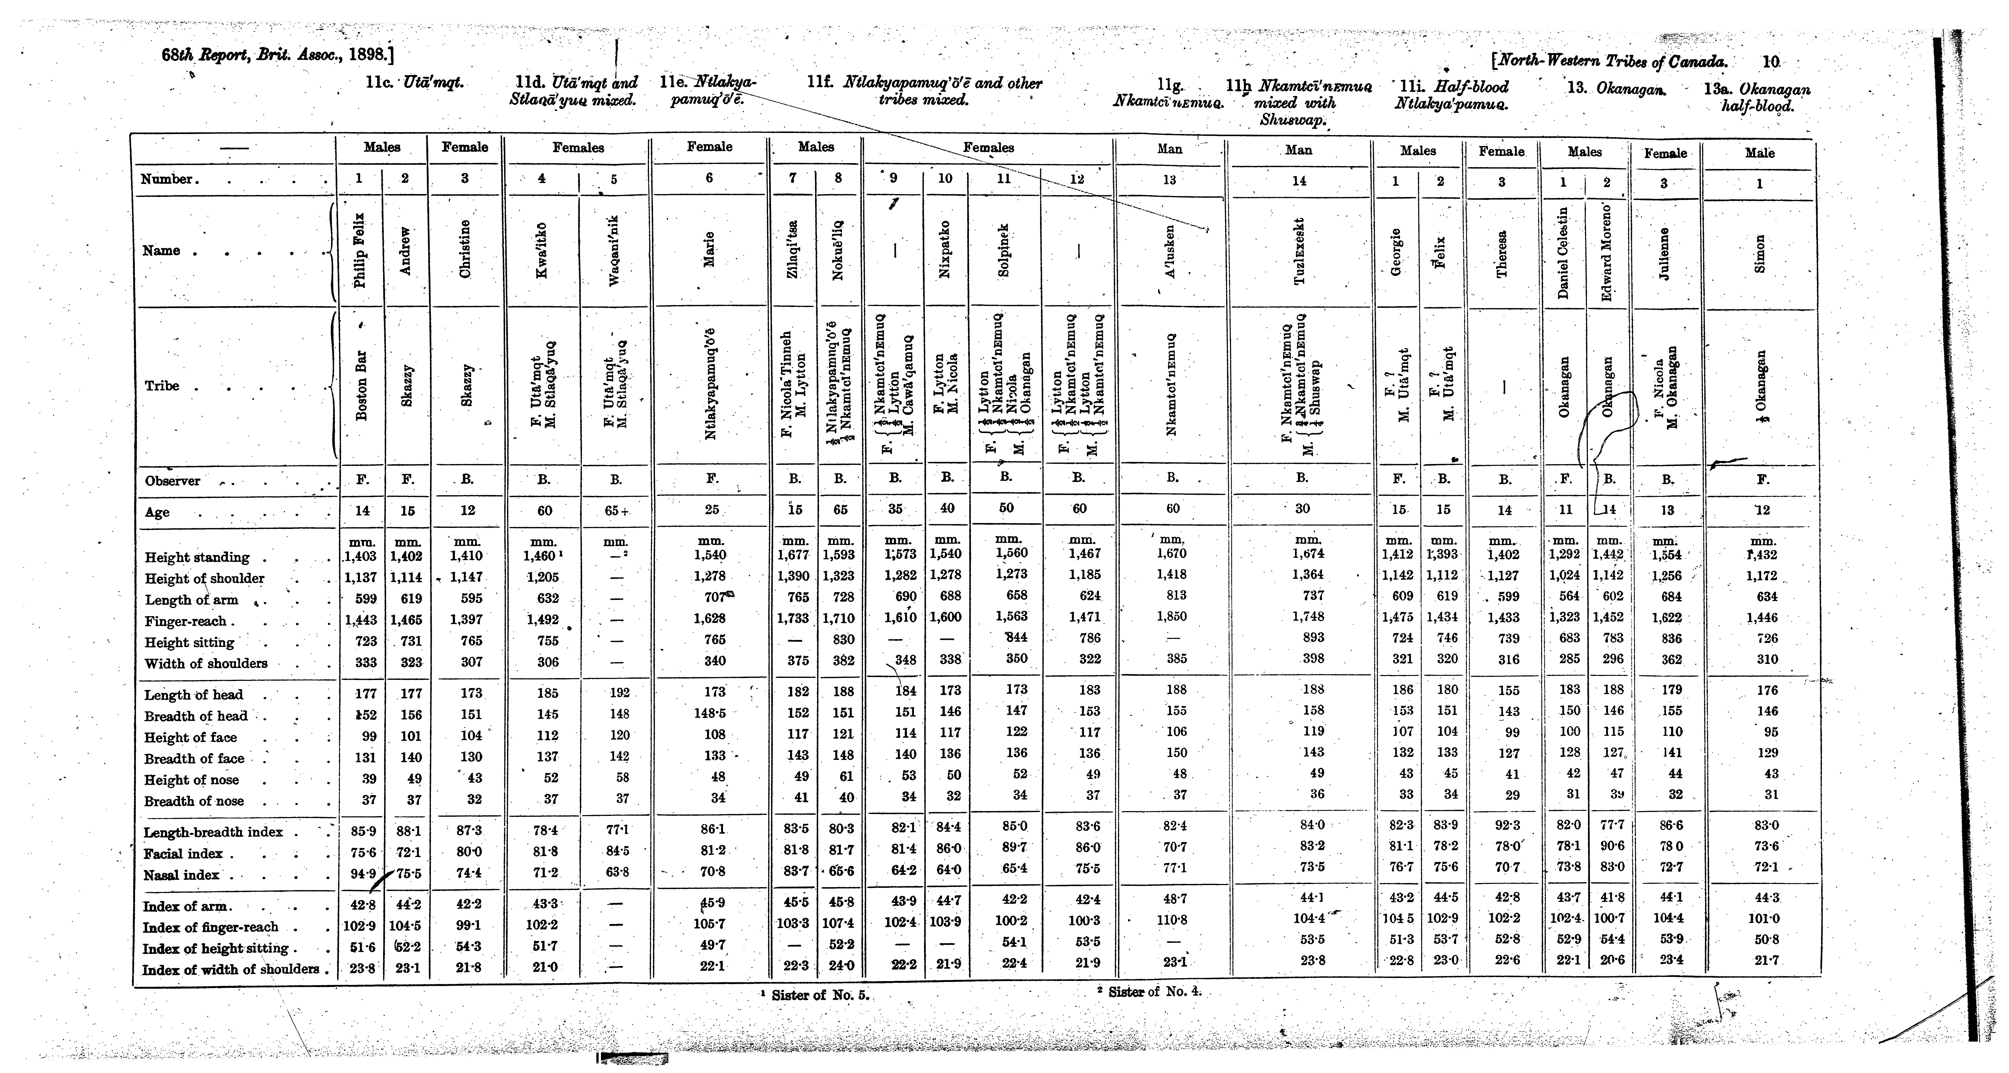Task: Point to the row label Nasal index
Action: (x=182, y=875)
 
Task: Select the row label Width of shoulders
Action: (x=206, y=664)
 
